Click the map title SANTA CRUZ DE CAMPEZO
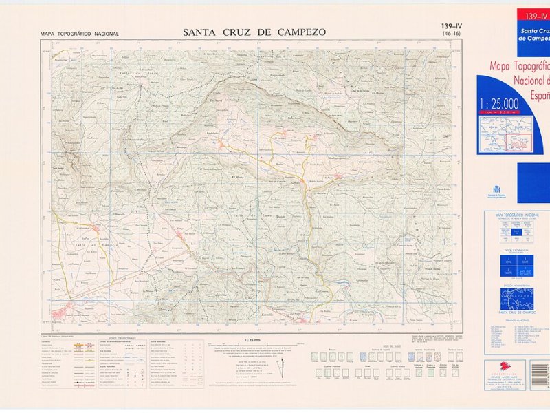pos(254,32)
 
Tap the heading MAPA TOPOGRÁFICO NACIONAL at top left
pos(80,34)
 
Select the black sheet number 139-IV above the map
pos(452,27)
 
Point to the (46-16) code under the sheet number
pos(452,34)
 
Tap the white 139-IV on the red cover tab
pos(536,15)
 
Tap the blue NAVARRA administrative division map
pos(516,298)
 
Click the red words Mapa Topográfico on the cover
pos(519,67)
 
